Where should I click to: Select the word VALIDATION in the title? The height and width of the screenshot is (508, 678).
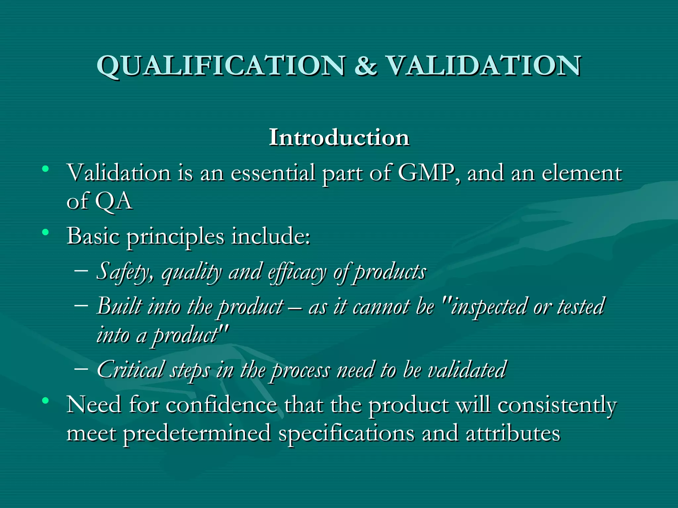[483, 65]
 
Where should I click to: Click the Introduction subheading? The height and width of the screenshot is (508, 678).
[339, 137]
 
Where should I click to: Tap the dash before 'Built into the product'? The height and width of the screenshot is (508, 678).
[81, 305]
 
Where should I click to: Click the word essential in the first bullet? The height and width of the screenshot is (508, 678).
[273, 173]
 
